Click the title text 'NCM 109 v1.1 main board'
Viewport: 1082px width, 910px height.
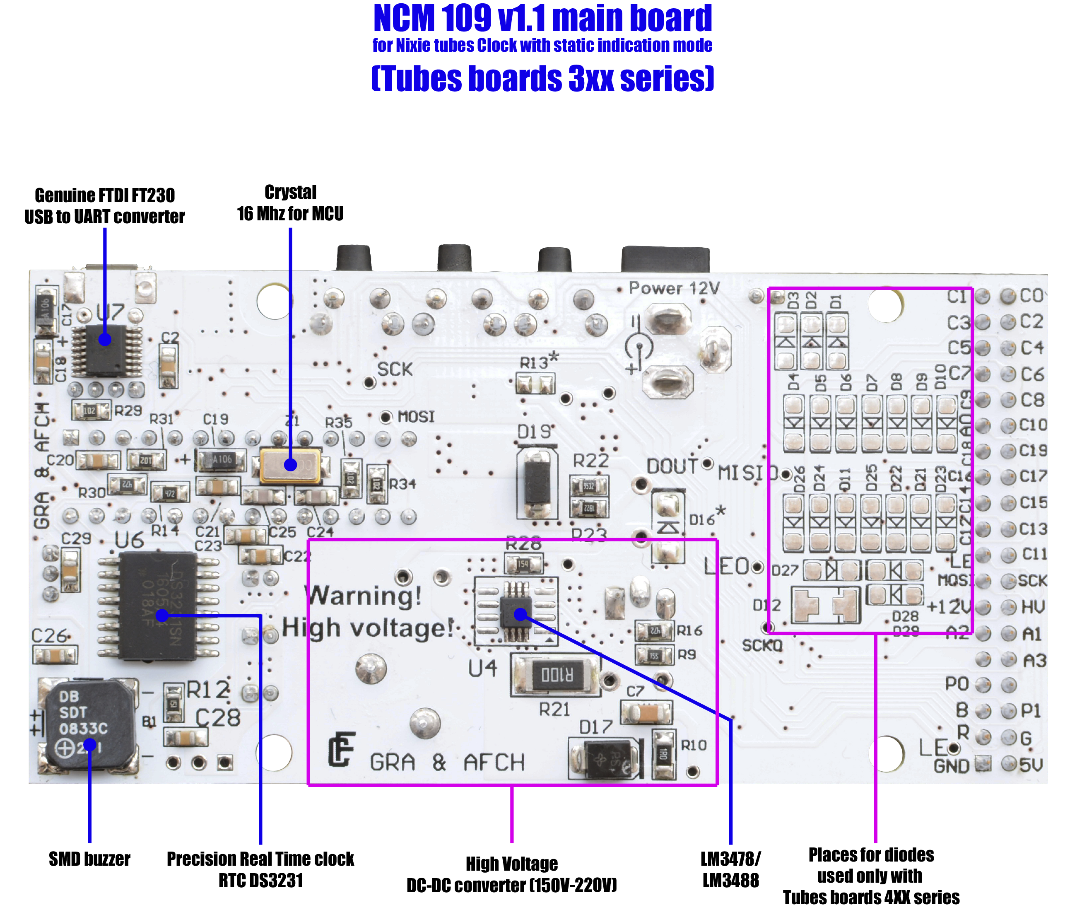tap(542, 19)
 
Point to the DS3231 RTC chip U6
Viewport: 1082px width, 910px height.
tap(157, 606)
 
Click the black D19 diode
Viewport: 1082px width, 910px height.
tap(537, 484)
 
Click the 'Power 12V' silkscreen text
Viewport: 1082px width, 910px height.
tap(674, 288)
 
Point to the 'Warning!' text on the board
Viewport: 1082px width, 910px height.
tap(365, 596)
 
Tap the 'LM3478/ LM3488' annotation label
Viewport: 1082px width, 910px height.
tap(730, 870)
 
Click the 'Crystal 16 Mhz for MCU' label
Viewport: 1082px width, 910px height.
tap(290, 203)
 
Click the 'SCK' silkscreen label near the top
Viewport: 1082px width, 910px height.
tap(395, 369)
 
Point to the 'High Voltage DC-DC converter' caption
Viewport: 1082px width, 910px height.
tap(512, 875)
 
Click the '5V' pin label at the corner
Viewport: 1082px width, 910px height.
tap(1031, 765)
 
